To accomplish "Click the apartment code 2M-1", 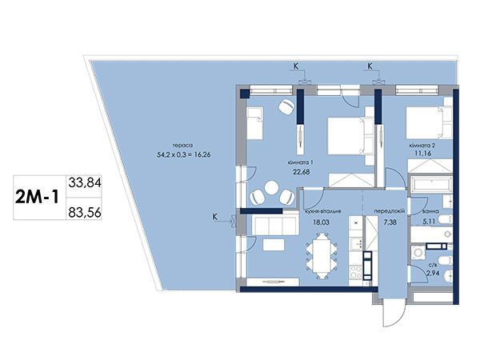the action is [37, 198].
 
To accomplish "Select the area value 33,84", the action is [85, 182].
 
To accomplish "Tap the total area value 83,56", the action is [85, 212].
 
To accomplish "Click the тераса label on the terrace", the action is [182, 146].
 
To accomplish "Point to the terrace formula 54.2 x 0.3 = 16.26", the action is [184, 155].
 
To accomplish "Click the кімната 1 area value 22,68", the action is [302, 172].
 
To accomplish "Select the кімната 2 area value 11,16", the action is [422, 154].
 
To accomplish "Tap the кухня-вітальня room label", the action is [322, 211].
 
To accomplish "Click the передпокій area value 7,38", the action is [390, 222].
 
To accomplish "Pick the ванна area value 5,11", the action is [429, 222].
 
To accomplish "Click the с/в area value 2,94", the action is [433, 273].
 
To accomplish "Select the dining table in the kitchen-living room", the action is [322, 256].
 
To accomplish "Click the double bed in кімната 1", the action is [350, 136].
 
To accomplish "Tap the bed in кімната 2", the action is [429, 122].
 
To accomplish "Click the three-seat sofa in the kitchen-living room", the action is [275, 225].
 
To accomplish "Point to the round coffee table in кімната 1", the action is [271, 188].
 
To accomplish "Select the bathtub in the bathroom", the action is [431, 184].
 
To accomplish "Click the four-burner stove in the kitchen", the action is [355, 272].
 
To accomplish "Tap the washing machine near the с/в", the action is [418, 253].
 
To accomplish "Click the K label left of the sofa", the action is [215, 217].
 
